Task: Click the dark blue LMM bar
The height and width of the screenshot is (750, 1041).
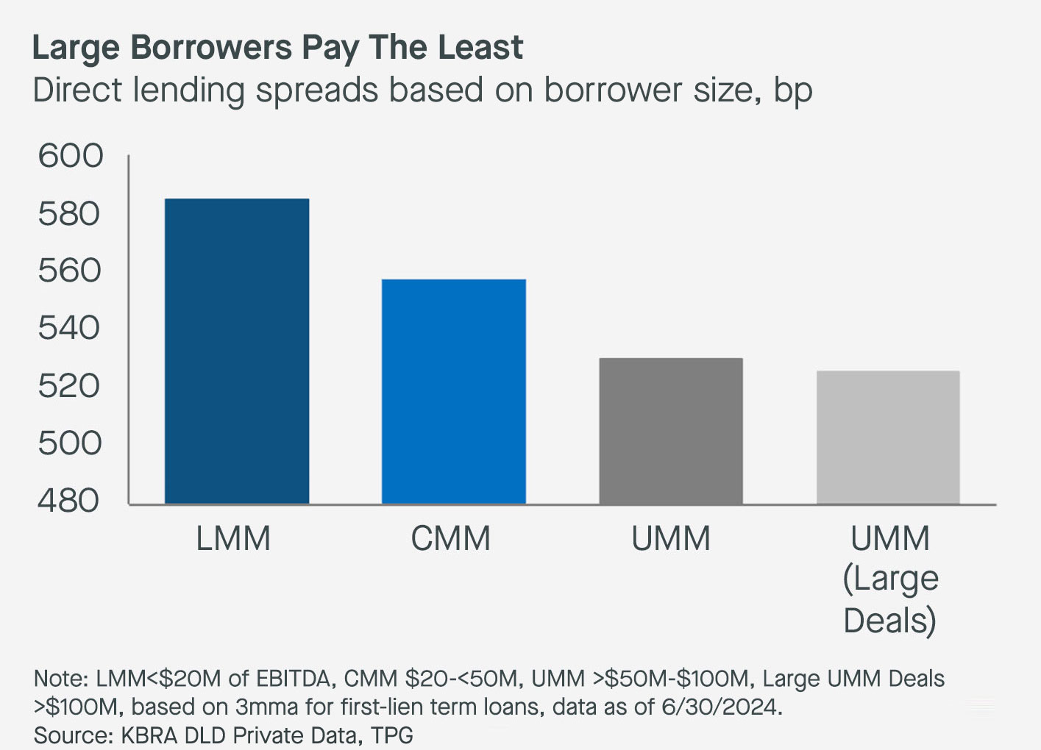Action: point(237,351)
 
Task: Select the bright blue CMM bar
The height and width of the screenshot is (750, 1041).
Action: point(453,391)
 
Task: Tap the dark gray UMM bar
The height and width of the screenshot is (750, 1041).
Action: point(670,431)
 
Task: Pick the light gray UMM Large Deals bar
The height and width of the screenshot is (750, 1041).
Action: point(888,438)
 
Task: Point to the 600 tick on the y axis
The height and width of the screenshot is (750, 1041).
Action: point(71,156)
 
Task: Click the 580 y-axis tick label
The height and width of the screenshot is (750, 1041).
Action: point(69,214)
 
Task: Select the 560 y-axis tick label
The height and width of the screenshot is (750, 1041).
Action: point(69,271)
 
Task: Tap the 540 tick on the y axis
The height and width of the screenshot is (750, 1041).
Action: point(69,328)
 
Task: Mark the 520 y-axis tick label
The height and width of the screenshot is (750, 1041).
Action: point(69,385)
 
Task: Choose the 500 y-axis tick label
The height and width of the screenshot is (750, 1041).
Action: point(69,443)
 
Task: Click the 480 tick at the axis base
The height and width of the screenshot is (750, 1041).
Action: point(69,501)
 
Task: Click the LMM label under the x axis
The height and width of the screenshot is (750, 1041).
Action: point(233,539)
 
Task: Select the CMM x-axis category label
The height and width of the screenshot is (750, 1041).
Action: point(450,539)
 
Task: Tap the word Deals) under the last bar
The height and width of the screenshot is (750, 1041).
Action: point(889,621)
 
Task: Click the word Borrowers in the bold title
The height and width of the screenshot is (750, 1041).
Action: point(213,48)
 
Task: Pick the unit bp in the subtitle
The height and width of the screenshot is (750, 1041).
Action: point(792,91)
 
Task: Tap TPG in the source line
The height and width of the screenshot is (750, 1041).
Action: point(391,735)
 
